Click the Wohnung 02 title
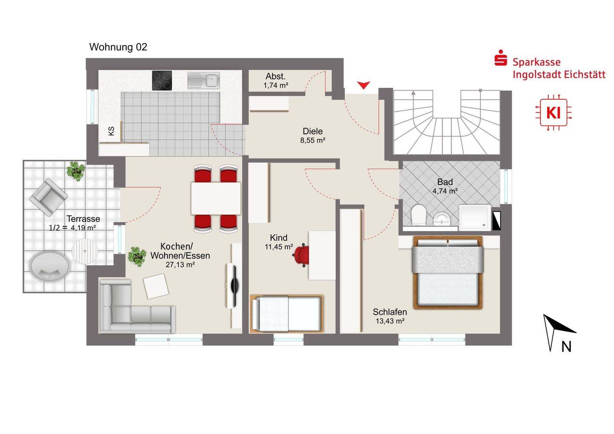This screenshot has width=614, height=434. pyautogui.click(x=118, y=47)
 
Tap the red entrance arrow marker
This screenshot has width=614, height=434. pyautogui.click(x=363, y=85)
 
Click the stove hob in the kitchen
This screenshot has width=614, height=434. pyautogui.click(x=162, y=80)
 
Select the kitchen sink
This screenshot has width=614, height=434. pyautogui.click(x=204, y=80)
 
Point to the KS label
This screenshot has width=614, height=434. pyautogui.click(x=111, y=131)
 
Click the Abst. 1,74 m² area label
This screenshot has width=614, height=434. pyautogui.click(x=275, y=81)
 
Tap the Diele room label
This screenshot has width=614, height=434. pyautogui.click(x=313, y=131)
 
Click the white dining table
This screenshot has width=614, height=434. pyautogui.click(x=216, y=198)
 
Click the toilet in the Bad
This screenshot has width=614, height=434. pyautogui.click(x=418, y=215)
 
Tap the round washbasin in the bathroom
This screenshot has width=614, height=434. pyautogui.click(x=442, y=219)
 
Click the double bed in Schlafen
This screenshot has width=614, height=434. pyautogui.click(x=448, y=272)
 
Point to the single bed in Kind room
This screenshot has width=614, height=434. pyautogui.click(x=287, y=314)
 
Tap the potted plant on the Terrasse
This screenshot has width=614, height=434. pyautogui.click(x=75, y=171)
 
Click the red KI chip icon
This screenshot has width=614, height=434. pyautogui.click(x=553, y=112)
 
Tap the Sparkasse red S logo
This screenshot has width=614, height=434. pyautogui.click(x=501, y=58)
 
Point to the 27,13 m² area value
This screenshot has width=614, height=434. pyautogui.click(x=180, y=265)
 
